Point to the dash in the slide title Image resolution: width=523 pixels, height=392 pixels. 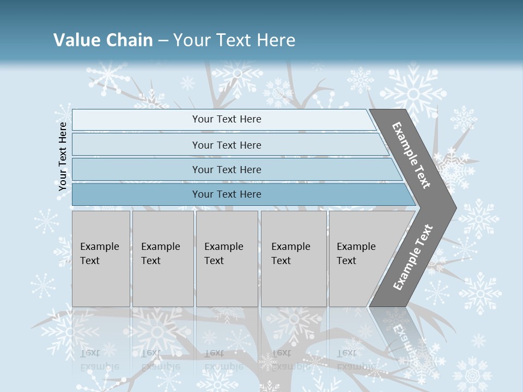coord(163,41)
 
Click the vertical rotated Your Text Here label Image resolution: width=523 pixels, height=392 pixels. coord(63,157)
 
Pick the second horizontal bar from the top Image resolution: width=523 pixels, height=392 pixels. coord(227,145)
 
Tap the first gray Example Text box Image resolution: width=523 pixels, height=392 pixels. coord(101,258)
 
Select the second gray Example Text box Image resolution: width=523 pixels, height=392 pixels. coord(163,258)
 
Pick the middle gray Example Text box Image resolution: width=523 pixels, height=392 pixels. coord(227,258)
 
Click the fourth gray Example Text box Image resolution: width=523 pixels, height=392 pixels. coord(294,258)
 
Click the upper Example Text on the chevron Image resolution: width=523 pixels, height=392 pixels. coord(412,155)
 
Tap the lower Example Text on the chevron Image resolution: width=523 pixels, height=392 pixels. coord(413,257)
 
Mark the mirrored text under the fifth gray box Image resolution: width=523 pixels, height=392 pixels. coord(347,359)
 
